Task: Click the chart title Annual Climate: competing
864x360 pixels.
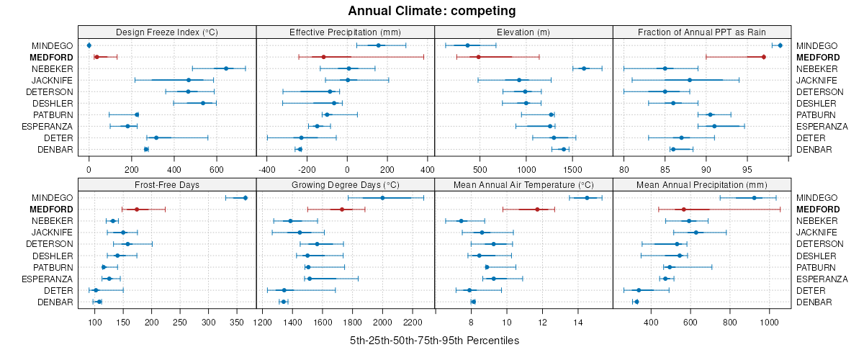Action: click(432, 11)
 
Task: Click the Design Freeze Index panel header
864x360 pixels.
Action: click(167, 32)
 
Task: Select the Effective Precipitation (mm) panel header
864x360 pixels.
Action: click(345, 32)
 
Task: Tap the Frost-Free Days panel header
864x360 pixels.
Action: click(167, 184)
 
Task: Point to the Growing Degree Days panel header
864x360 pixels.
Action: click(345, 184)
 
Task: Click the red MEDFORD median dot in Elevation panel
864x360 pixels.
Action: click(478, 57)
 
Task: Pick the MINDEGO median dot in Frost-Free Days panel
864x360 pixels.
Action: click(245, 198)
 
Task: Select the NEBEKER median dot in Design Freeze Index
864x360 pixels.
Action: click(226, 68)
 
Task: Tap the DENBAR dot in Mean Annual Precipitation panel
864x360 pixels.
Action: click(636, 302)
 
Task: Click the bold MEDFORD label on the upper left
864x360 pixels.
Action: click(51, 57)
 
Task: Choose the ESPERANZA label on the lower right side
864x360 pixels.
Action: click(822, 279)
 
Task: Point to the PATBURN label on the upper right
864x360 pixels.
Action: click(819, 114)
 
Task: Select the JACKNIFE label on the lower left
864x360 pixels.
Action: click(52, 233)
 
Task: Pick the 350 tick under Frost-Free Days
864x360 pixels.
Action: click(237, 322)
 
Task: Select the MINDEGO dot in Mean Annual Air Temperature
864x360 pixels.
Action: click(587, 198)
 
